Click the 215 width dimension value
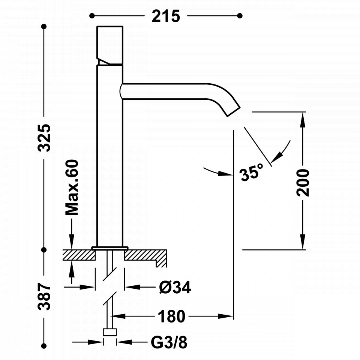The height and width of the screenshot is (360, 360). pyautogui.click(x=166, y=16)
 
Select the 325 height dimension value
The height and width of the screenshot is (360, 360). pyautogui.click(x=44, y=138)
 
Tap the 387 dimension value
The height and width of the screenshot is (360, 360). pyautogui.click(x=44, y=296)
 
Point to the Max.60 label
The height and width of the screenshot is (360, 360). pyautogui.click(x=72, y=187)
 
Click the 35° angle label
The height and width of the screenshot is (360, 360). pyautogui.click(x=251, y=172)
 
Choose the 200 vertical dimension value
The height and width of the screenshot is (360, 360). pyautogui.click(x=303, y=183)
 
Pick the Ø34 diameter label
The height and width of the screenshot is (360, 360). pyautogui.click(x=175, y=287)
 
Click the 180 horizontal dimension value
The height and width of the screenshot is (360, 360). pyautogui.click(x=171, y=316)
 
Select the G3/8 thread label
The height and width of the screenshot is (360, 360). pyautogui.click(x=169, y=342)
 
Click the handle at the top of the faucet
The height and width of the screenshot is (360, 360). pyautogui.click(x=110, y=45)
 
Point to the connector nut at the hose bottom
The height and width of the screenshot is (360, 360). pyautogui.click(x=110, y=332)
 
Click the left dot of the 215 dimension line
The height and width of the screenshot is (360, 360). pyautogui.click(x=92, y=16)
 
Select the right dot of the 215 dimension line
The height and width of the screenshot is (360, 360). pyautogui.click(x=240, y=16)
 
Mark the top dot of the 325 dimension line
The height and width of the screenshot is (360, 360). pyautogui.click(x=44, y=27)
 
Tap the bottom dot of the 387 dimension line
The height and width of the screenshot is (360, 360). pyautogui.click(x=44, y=346)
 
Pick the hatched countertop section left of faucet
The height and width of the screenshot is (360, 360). pyautogui.click(x=79, y=255)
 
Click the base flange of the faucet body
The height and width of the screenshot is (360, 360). pyautogui.click(x=110, y=248)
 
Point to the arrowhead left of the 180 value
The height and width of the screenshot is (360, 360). pyautogui.click(x=118, y=316)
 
